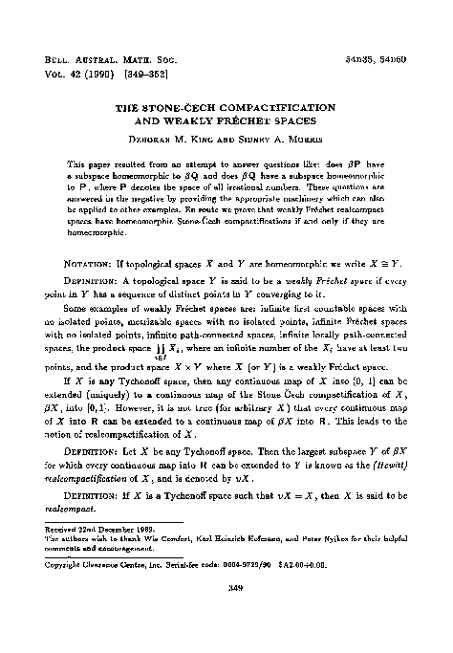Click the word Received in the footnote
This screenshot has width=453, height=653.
click(64, 529)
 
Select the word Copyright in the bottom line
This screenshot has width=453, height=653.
click(67, 564)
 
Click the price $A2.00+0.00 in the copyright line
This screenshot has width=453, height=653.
click(344, 564)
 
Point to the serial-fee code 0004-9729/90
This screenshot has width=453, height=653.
click(287, 564)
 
